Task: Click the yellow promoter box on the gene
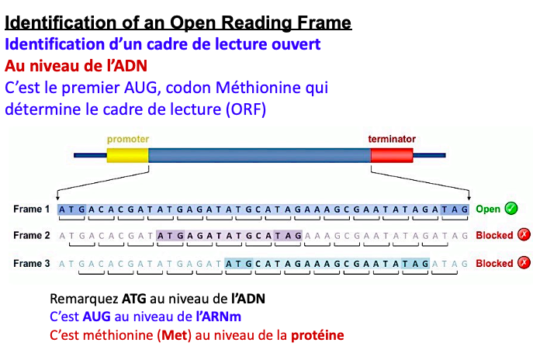point(126,155)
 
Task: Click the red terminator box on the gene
point(392,155)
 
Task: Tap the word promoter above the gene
point(128,139)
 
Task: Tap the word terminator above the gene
point(392,139)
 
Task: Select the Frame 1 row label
point(31,209)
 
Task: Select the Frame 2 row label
point(31,236)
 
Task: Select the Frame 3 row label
point(31,264)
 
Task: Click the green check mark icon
point(511,209)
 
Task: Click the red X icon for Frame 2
point(524,236)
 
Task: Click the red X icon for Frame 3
point(524,264)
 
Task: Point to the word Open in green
point(488,209)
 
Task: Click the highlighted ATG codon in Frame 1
point(72,209)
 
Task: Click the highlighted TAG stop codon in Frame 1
point(455,209)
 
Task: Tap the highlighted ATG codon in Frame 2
point(171,236)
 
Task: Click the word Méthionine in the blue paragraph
point(258,88)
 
